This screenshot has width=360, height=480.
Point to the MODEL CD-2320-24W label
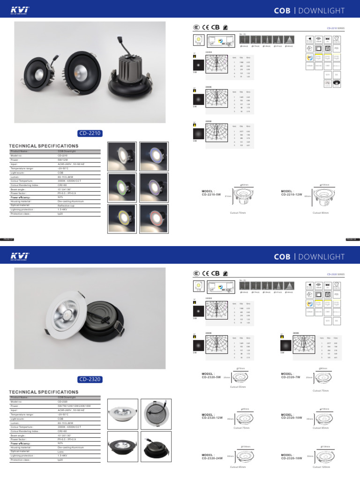212,456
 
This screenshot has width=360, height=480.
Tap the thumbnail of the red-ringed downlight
155,215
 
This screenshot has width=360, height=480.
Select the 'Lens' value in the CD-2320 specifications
60,451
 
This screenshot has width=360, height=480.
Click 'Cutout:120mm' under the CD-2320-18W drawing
322,467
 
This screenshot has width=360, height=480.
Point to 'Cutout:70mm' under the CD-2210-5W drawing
237,213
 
